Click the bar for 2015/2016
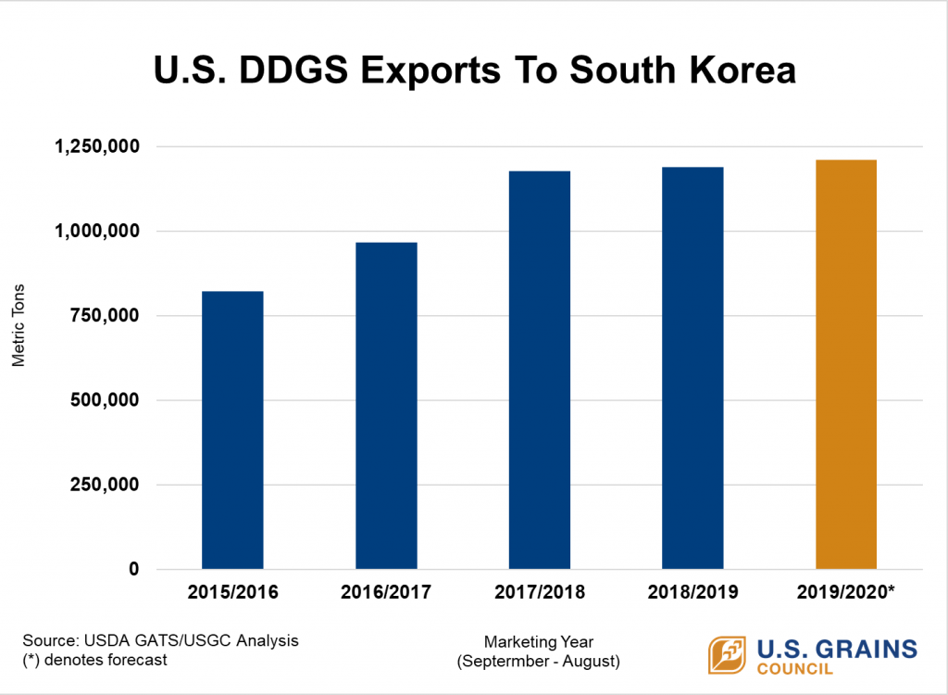pyautogui.click(x=232, y=430)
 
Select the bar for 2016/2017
pyautogui.click(x=386, y=406)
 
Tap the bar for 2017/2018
pyautogui.click(x=539, y=370)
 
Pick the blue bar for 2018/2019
pyautogui.click(x=692, y=368)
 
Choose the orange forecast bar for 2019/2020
pyautogui.click(x=845, y=364)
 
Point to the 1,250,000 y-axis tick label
pyautogui.click(x=97, y=146)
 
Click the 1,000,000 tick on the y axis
pyautogui.click(x=97, y=231)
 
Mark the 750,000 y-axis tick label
pyautogui.click(x=104, y=316)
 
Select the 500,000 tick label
pyautogui.click(x=104, y=400)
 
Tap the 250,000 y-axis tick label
pyautogui.click(x=104, y=485)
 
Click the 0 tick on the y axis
pyautogui.click(x=133, y=569)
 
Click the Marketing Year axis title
pyautogui.click(x=539, y=641)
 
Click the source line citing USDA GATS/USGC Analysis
pyautogui.click(x=159, y=641)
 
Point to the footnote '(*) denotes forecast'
pyautogui.click(x=94, y=660)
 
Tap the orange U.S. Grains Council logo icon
pyautogui.click(x=728, y=655)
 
